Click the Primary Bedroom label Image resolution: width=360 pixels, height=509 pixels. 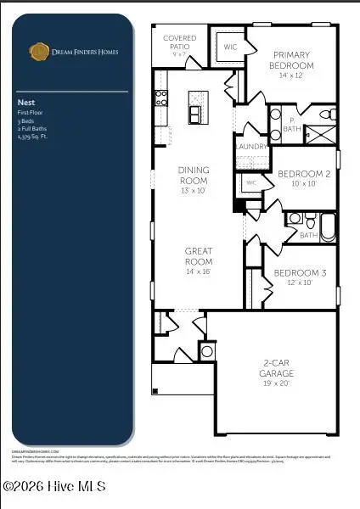pyautogui.click(x=291, y=60)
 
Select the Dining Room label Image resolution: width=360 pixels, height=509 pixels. pyautogui.click(x=193, y=175)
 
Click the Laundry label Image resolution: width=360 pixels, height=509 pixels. pyautogui.click(x=251, y=147)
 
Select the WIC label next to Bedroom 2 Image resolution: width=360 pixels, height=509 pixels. pyautogui.click(x=250, y=182)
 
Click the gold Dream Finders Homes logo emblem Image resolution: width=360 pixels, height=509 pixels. pyautogui.click(x=39, y=52)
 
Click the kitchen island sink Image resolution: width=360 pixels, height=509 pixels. pyautogui.click(x=195, y=113)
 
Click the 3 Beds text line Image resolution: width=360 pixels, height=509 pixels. pyautogui.click(x=25, y=121)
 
